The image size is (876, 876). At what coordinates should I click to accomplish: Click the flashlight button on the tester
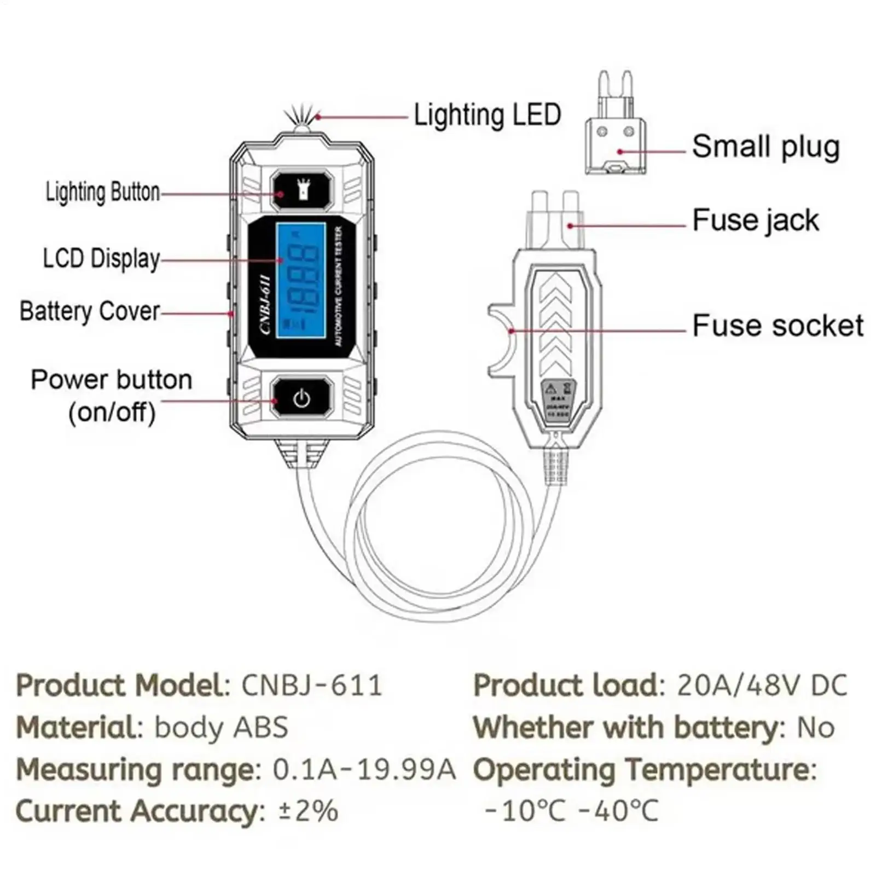click(x=301, y=190)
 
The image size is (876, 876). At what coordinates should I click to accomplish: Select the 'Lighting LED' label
click(x=487, y=115)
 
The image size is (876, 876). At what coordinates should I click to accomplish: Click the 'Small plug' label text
click(x=765, y=147)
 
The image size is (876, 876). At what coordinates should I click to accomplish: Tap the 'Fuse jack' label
click(x=755, y=221)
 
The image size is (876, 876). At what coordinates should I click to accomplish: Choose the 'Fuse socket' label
click(x=778, y=326)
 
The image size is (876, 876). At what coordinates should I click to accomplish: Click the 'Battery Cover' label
click(x=90, y=311)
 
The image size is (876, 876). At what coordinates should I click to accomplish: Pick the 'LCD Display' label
click(x=101, y=259)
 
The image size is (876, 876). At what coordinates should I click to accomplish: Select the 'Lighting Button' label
click(x=102, y=192)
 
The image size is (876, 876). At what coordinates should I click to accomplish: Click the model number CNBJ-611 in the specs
click(x=311, y=685)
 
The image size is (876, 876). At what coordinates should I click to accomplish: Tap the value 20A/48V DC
click(x=762, y=685)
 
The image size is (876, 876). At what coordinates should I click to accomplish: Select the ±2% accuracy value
click(x=308, y=811)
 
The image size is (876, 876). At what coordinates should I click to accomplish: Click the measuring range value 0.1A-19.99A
click(x=364, y=769)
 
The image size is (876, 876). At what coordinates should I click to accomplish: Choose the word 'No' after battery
click(x=815, y=728)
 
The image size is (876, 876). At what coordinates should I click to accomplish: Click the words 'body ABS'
click(x=221, y=728)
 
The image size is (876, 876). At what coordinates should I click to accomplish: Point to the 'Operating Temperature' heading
click(x=644, y=769)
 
